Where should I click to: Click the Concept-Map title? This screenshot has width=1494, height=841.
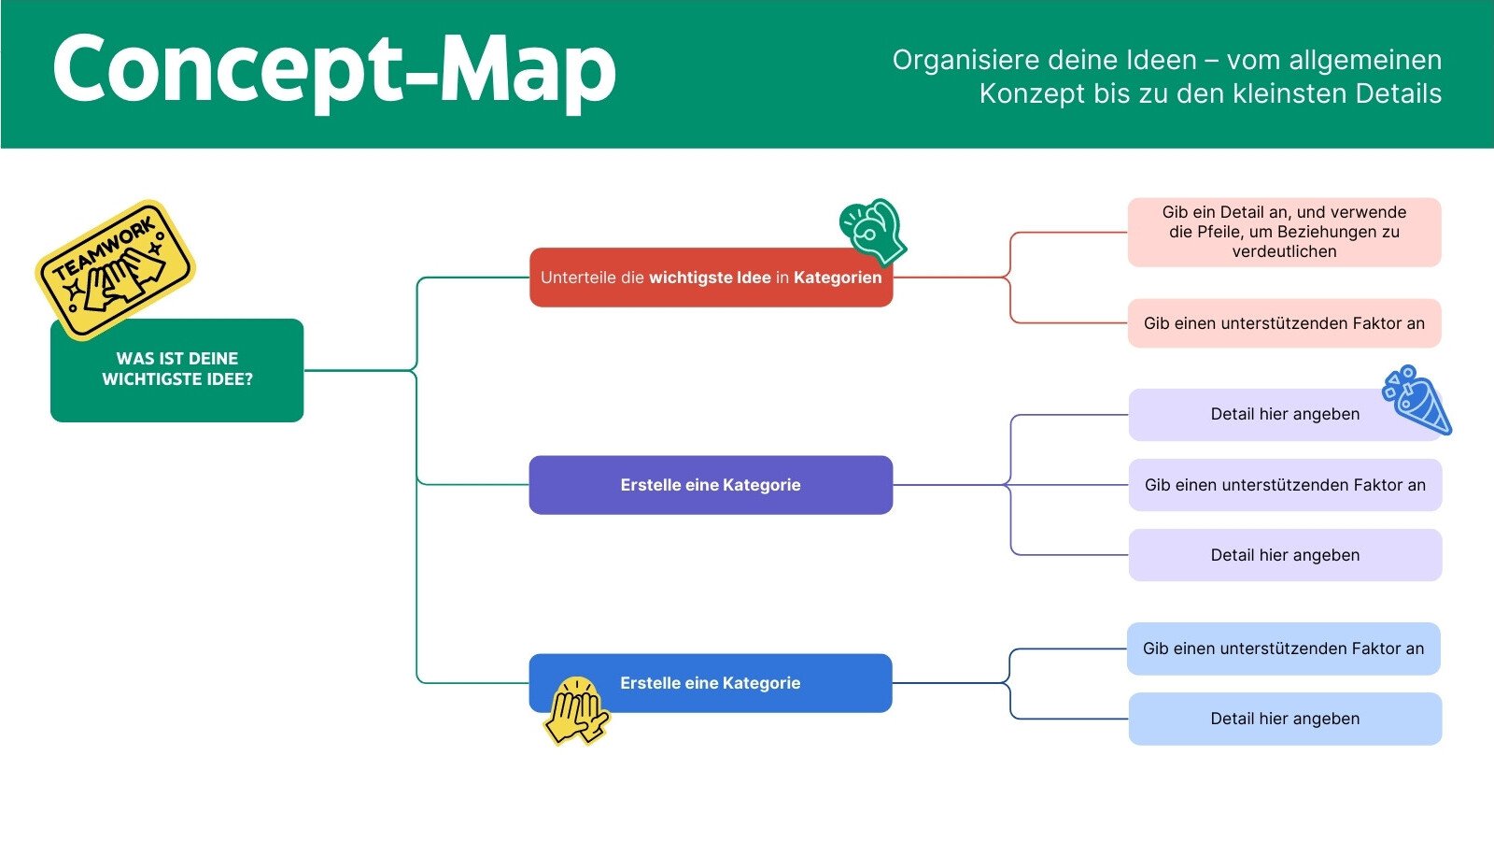click(x=334, y=69)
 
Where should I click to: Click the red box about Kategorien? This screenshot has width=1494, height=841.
click(x=711, y=278)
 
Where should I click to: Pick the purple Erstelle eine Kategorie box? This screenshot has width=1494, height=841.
click(x=711, y=485)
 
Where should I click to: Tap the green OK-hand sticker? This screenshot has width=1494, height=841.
click(x=873, y=230)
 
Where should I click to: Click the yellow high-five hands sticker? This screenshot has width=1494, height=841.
click(x=576, y=711)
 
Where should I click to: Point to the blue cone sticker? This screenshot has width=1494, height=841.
click(x=1418, y=401)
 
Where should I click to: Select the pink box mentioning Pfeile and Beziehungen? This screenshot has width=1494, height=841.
click(x=1284, y=232)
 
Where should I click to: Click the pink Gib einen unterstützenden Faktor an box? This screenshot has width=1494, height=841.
click(x=1284, y=323)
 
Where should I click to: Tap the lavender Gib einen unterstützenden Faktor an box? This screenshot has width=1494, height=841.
click(x=1285, y=485)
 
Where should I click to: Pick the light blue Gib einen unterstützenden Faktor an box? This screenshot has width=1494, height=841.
click(x=1283, y=649)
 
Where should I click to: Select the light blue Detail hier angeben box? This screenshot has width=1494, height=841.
click(x=1285, y=719)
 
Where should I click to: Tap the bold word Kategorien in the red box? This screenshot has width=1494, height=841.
click(x=838, y=278)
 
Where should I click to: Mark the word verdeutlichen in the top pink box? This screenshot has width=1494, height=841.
click(x=1284, y=251)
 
